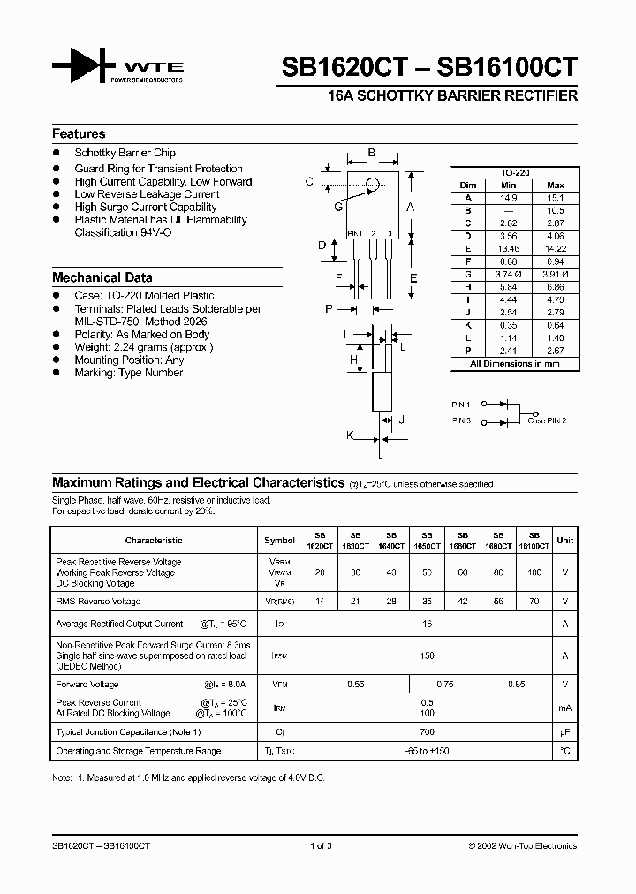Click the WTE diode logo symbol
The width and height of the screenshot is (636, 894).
tap(84, 67)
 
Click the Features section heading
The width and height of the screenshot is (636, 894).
tap(79, 134)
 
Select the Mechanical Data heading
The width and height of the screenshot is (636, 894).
tap(102, 277)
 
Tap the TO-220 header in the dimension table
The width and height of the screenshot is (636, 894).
tap(515, 173)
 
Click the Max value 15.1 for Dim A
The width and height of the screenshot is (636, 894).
tap(556, 198)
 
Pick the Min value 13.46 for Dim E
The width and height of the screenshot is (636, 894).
tap(508, 250)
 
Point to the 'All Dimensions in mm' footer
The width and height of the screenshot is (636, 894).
tap(515, 363)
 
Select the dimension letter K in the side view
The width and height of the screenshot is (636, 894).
tap(350, 436)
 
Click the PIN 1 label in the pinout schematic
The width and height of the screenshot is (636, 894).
tap(461, 404)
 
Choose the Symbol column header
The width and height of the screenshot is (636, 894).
tap(280, 540)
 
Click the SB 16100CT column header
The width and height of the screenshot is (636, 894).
tap(534, 541)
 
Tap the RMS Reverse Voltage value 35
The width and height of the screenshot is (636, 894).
tap(427, 601)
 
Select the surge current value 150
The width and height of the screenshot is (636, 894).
tap(427, 655)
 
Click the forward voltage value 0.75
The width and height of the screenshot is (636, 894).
tap(445, 684)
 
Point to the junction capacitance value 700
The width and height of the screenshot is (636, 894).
tap(427, 732)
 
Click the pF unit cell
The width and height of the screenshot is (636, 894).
tap(564, 732)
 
